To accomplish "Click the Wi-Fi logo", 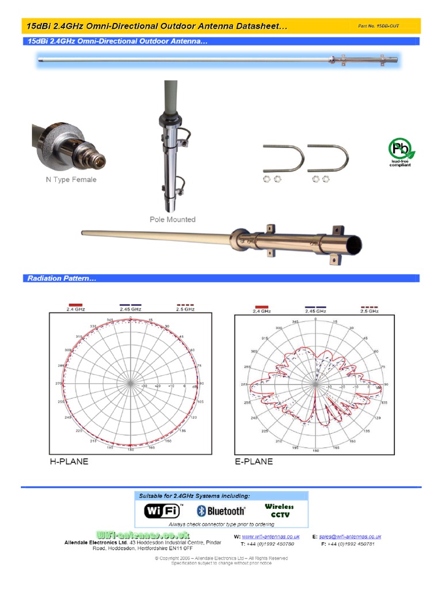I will pyautogui.click(x=163, y=510).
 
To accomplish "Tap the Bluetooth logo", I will pyautogui.click(x=221, y=510).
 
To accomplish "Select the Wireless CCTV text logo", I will pyautogui.click(x=279, y=510).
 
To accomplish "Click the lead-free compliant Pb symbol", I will pyautogui.click(x=401, y=150).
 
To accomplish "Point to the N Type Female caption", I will pyautogui.click(x=71, y=180).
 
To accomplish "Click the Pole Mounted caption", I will pyautogui.click(x=173, y=220).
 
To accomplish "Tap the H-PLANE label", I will pyautogui.click(x=69, y=462).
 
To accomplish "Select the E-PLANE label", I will pyautogui.click(x=254, y=462).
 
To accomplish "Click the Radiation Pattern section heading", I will pyautogui.click(x=62, y=279).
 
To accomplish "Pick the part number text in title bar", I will pyautogui.click(x=379, y=26).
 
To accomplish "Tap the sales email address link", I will pyautogui.click(x=350, y=537).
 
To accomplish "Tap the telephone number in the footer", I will pyautogui.click(x=268, y=544).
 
